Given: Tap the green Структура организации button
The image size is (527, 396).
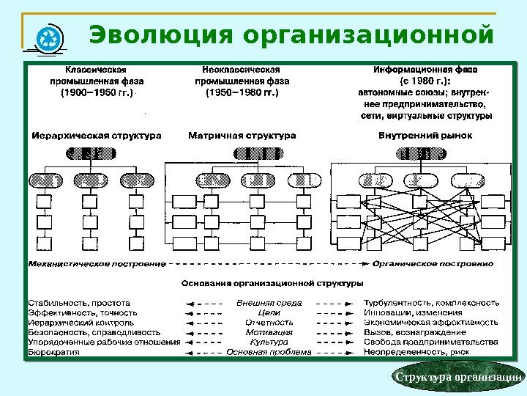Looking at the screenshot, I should coord(459,378).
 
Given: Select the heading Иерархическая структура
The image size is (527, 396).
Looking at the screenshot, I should coord(96,136).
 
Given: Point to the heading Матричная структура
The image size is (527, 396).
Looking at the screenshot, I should coord(242,136).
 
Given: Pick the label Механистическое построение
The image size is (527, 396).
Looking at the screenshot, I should coord(96,263).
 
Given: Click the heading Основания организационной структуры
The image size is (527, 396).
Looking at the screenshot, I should coord(272,282).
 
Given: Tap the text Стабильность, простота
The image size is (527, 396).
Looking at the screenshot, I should coord(79,302).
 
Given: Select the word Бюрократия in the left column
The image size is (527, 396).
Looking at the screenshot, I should coord(53,352).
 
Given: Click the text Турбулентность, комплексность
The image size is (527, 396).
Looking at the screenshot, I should coord(432,302).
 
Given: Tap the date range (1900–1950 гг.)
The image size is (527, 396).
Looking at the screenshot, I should coord(97,93).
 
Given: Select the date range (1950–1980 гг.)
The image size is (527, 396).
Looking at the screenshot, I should coord(242,93).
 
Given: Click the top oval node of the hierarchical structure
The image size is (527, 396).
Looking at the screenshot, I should coord(91,154).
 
